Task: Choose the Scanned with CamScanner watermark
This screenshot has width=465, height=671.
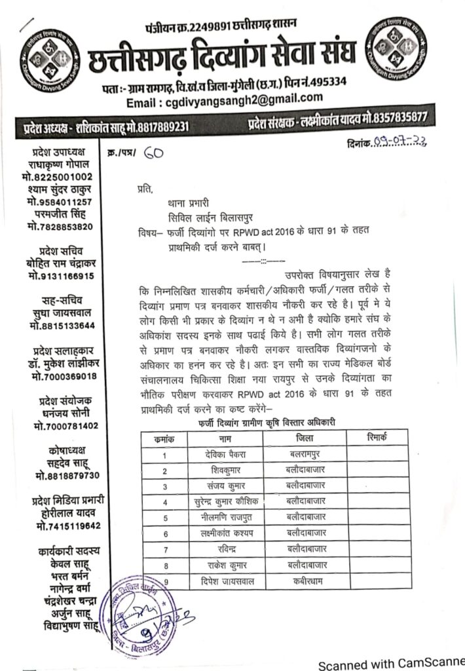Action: pos(391,664)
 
